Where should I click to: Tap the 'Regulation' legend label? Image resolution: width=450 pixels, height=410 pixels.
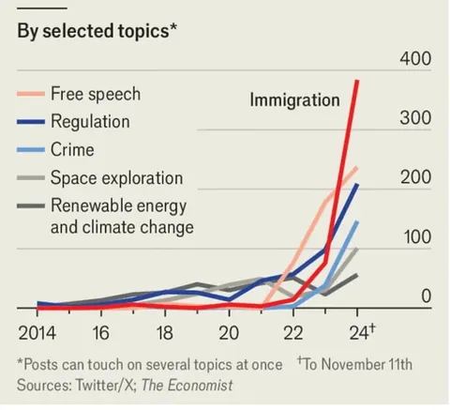(x=90, y=122)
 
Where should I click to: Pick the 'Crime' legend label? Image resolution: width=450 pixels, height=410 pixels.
(x=73, y=150)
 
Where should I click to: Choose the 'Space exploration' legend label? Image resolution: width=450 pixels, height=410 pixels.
(x=116, y=178)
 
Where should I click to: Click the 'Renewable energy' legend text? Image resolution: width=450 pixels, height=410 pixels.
(x=115, y=205)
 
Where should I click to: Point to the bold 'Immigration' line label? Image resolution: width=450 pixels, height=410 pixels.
(x=293, y=99)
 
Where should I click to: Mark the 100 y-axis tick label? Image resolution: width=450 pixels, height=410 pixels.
(x=417, y=237)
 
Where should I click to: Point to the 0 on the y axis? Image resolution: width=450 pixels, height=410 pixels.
(x=425, y=296)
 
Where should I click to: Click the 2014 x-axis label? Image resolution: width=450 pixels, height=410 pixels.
(x=37, y=333)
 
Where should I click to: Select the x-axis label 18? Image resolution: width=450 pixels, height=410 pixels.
(x=164, y=333)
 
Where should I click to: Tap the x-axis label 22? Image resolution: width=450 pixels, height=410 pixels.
(x=292, y=333)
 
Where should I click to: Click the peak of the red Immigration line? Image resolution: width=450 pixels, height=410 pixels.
(x=357, y=82)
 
